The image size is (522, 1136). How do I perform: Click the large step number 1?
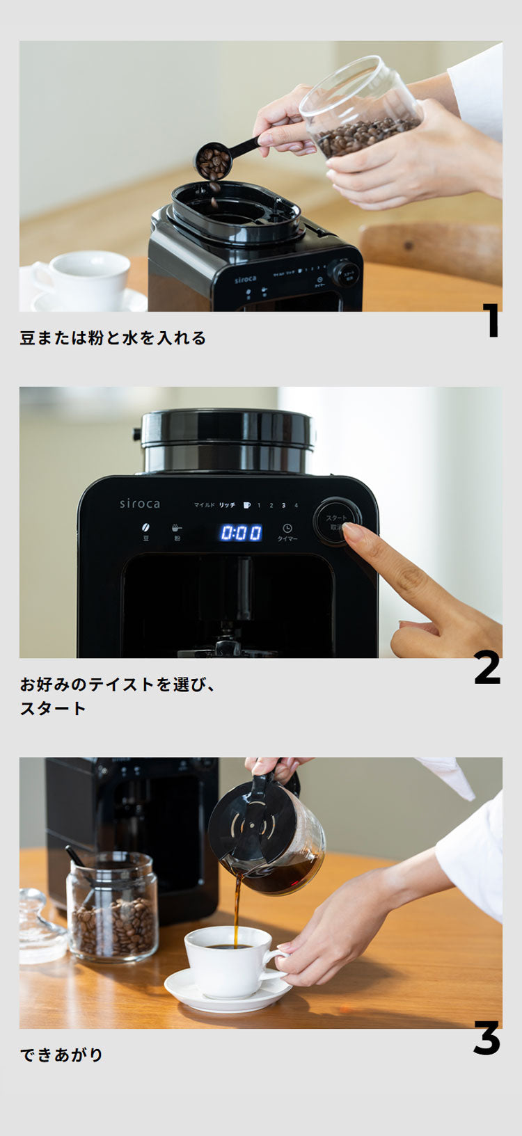click(x=492, y=321)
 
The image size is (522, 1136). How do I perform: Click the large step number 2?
click(x=487, y=667)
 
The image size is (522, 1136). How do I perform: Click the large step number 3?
click(x=487, y=1038)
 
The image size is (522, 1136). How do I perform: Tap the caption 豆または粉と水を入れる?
click(x=113, y=338)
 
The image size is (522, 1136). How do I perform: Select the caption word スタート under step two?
click(x=53, y=709)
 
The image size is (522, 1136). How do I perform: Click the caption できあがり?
click(x=62, y=1055)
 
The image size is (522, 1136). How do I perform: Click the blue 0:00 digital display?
click(x=242, y=533)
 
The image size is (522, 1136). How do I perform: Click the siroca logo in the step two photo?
click(x=139, y=504)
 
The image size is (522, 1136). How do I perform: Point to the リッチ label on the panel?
click(x=227, y=505)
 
